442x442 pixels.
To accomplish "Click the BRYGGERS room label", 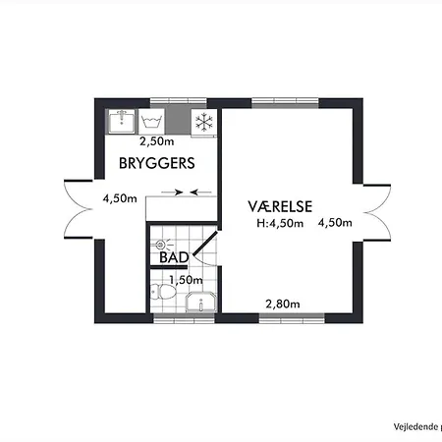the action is point(157,163).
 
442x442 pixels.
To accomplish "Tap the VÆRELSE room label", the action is point(280,206).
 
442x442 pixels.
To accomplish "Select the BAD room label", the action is point(174,257).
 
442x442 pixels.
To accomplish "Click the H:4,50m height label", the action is point(280,223).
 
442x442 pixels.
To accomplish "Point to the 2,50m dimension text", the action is point(157,141).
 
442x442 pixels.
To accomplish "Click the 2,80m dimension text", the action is point(283,304).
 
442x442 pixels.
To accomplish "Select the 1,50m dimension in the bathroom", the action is point(186,280).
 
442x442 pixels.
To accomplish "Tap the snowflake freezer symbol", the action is point(204,122).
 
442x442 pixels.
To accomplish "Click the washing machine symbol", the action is point(151,122).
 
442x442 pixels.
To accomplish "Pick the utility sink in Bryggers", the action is point(122,122).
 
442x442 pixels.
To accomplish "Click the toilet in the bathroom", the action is point(163,292).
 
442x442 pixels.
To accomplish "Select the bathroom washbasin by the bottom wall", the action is point(201,303).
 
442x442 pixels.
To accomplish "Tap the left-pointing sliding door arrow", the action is point(200,192).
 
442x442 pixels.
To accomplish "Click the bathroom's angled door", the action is point(205,243).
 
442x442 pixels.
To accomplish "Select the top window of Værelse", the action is point(285,102).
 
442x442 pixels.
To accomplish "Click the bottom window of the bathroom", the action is point(184,318).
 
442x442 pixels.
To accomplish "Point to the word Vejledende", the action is point(415,427).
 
